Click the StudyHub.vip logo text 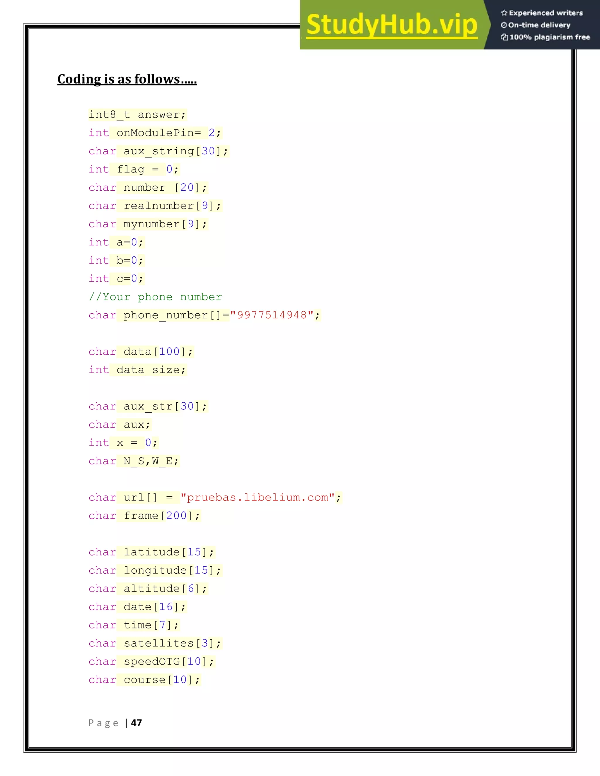click(391, 25)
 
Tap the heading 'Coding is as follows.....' click(127, 79)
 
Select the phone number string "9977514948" click(272, 315)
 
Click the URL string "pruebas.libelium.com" click(258, 498)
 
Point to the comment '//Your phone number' click(155, 297)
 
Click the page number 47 click(137, 723)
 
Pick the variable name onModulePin click(155, 133)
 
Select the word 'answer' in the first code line click(159, 115)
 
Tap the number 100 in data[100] click(170, 351)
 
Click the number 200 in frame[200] click(176, 516)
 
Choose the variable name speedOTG click(152, 662)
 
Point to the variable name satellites click(159, 643)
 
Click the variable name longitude click(155, 570)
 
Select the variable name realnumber click(159, 206)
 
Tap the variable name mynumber click(152, 224)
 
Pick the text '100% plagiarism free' click(550, 37)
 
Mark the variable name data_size click(148, 370)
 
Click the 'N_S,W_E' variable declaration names click(148, 461)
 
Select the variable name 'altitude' click(152, 588)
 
